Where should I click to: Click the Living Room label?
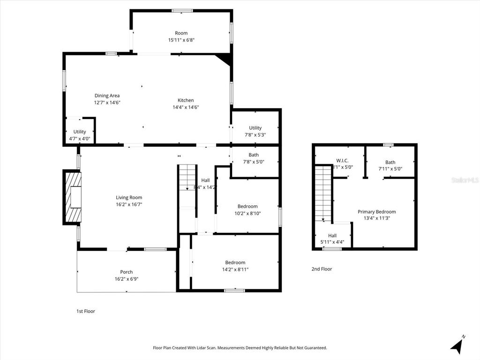pyautogui.click(x=129, y=197)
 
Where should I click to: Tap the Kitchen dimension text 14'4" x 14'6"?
pyautogui.click(x=186, y=107)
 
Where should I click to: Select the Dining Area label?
pyautogui.click(x=107, y=96)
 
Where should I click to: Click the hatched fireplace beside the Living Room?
pyautogui.click(x=73, y=197)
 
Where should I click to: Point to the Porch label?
pyautogui.click(x=126, y=272)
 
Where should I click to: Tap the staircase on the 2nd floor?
pyautogui.click(x=323, y=192)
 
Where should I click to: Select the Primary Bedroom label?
pyautogui.click(x=376, y=211)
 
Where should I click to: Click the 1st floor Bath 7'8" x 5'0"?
pyautogui.click(x=254, y=158)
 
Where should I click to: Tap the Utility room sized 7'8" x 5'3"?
pyautogui.click(x=255, y=131)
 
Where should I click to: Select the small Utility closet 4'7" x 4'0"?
pyautogui.click(x=80, y=135)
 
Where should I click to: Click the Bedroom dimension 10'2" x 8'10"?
pyautogui.click(x=247, y=213)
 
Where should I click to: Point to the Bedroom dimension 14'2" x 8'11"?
pyautogui.click(x=235, y=270)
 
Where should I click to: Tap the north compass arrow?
pyautogui.click(x=457, y=345)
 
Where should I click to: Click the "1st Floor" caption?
pyautogui.click(x=86, y=311)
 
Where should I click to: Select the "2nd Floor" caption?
pyautogui.click(x=322, y=269)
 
